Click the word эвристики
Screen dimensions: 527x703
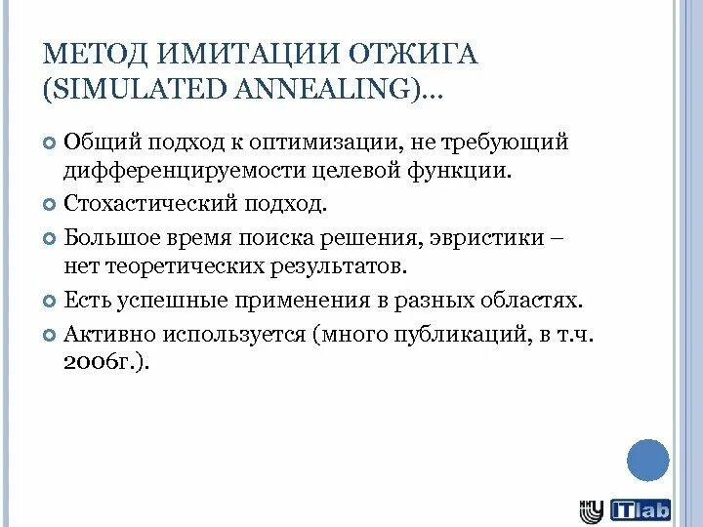click(x=476, y=238)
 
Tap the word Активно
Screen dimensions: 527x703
click(x=103, y=333)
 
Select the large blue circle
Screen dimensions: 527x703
click(x=647, y=460)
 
